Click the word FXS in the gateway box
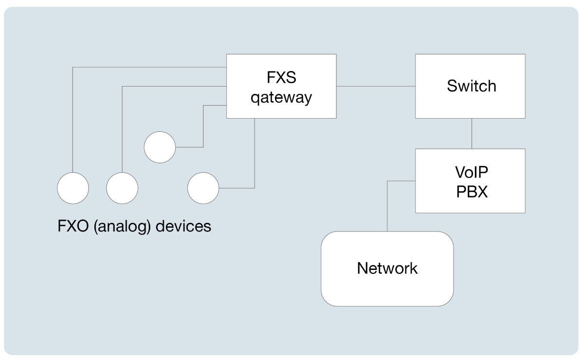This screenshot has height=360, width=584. click(281, 78)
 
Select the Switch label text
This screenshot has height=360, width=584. click(471, 86)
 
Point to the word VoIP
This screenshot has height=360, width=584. click(471, 173)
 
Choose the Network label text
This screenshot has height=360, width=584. click(387, 268)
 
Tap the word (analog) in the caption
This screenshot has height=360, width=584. click(122, 227)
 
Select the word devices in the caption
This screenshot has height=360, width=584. click(183, 226)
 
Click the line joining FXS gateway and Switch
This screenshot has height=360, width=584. click(375, 86)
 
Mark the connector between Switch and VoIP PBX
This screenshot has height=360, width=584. click(471, 133)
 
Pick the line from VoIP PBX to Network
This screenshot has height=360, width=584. click(387, 204)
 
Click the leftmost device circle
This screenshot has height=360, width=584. click(73, 188)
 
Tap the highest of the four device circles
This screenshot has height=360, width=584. click(160, 147)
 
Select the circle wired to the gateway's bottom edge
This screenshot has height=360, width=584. click(203, 188)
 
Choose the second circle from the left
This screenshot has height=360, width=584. click(122, 188)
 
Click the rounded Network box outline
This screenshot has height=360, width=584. click(322, 268)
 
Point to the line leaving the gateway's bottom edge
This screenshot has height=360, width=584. click(255, 156)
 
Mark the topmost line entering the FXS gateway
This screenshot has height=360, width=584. click(146, 67)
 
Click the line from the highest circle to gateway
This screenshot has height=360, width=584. click(203, 126)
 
